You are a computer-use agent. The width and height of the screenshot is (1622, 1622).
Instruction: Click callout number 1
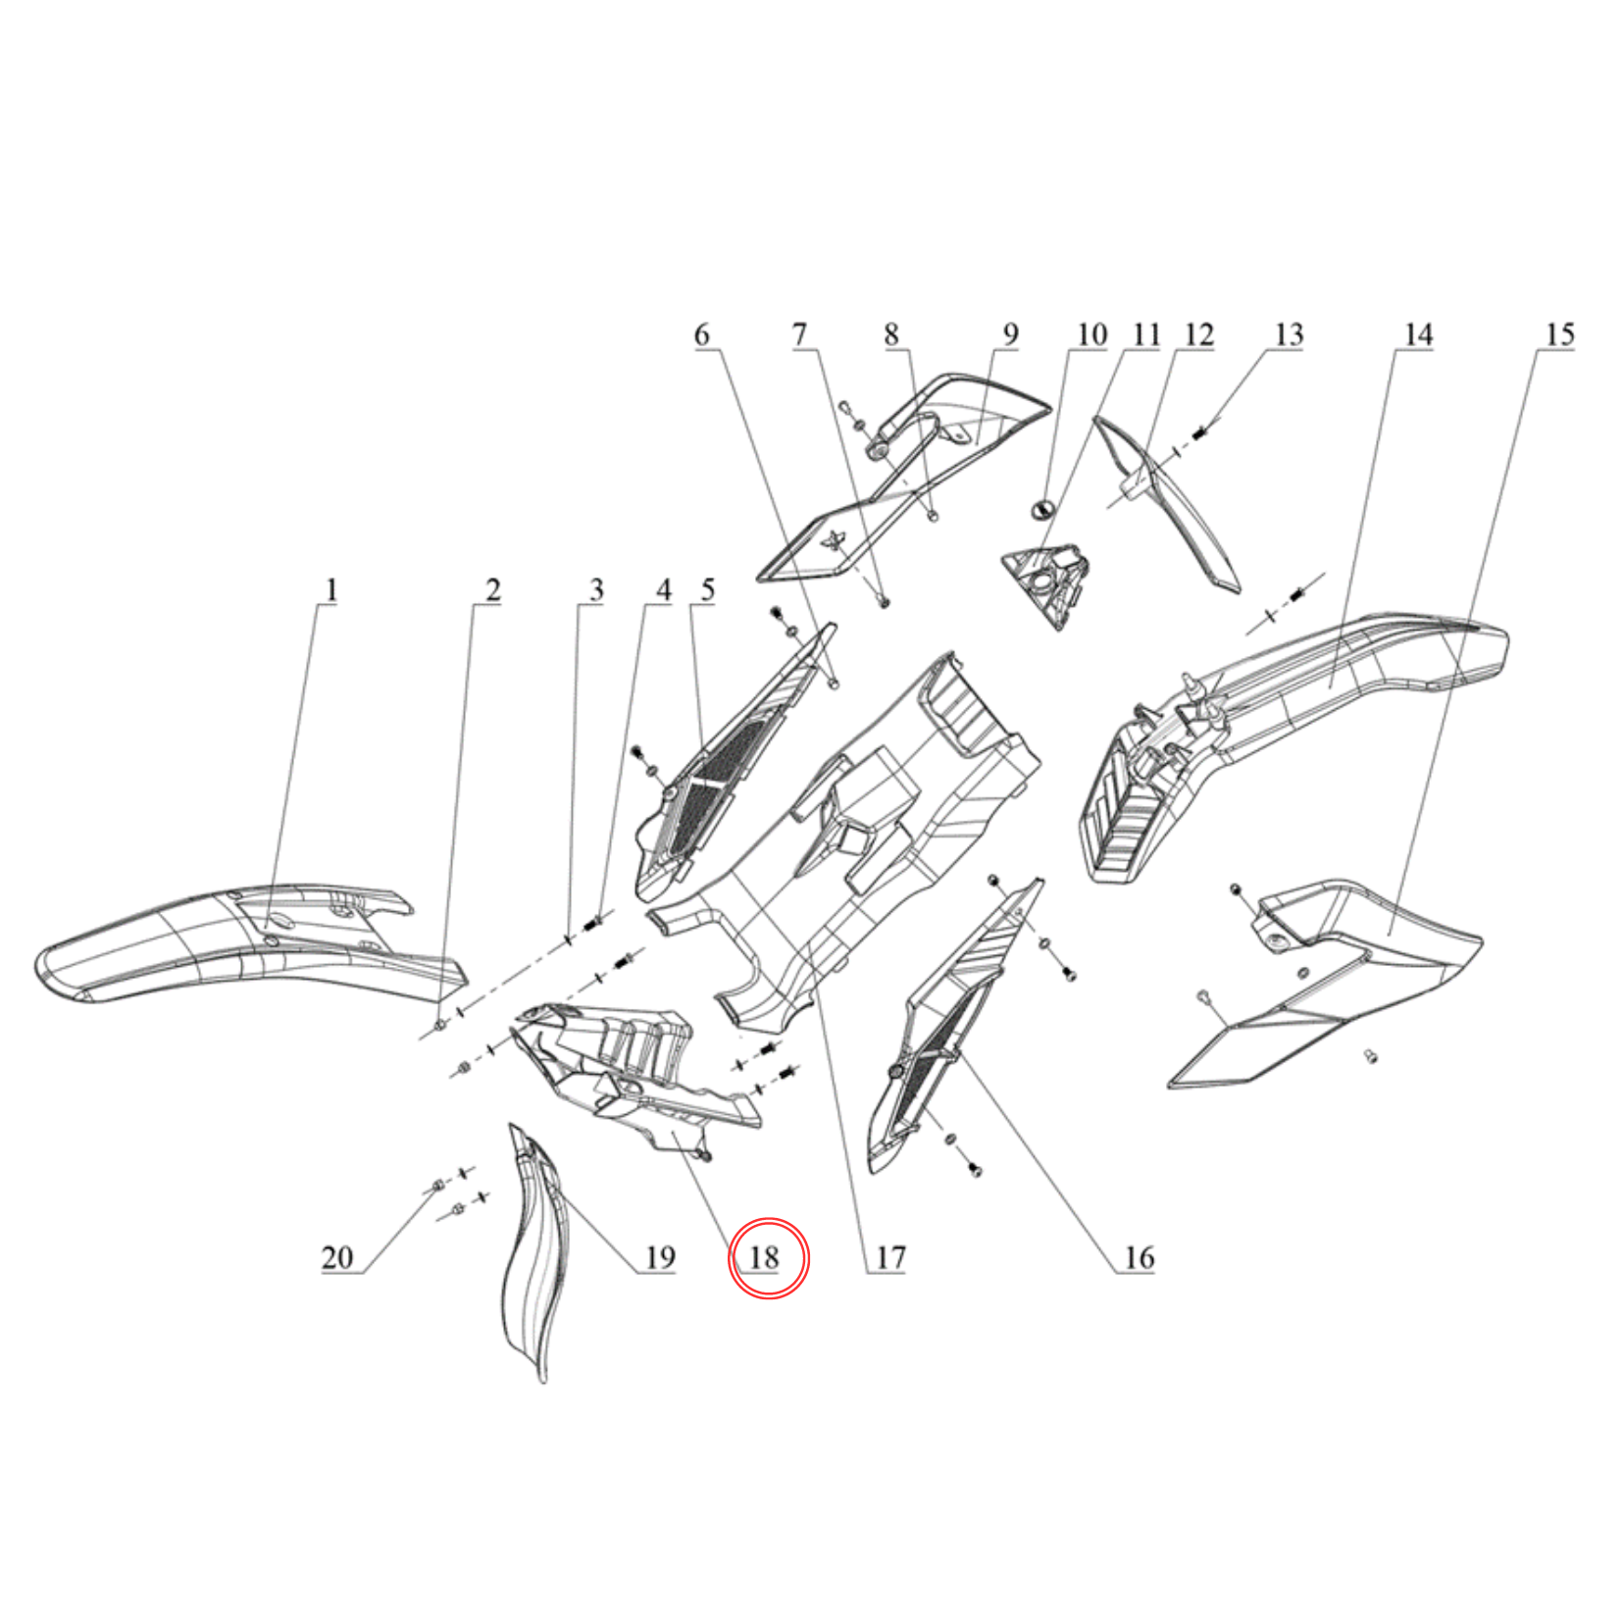331,590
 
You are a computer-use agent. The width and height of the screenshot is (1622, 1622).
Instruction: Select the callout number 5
707,590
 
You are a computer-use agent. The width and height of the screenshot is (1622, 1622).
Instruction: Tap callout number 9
1010,335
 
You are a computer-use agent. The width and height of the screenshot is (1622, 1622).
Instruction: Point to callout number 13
1289,335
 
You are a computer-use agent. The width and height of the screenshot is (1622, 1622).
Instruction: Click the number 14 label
1418,335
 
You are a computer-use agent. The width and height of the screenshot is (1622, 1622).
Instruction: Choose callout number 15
1559,335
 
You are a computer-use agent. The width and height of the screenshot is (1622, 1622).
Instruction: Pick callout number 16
1139,1257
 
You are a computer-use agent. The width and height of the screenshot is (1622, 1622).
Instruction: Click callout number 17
890,1257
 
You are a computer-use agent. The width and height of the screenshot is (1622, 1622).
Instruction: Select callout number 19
660,1257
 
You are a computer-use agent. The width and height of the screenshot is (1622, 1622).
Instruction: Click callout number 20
337,1257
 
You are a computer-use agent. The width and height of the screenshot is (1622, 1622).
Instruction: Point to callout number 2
492,590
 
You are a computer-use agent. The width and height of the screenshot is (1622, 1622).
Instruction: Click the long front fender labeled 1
250,946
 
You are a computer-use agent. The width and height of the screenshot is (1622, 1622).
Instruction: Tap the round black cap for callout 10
1042,508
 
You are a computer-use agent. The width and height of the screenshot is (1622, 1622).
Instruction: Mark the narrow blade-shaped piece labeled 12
1167,504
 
